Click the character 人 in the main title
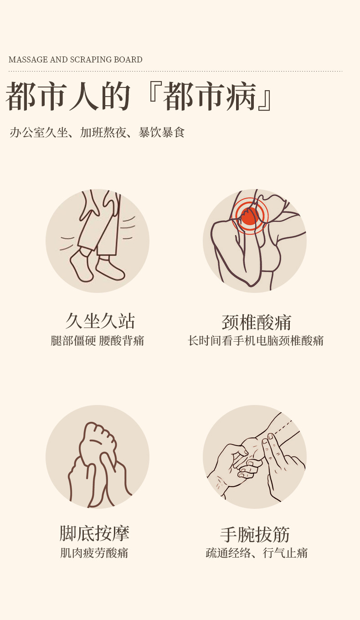tap(83, 96)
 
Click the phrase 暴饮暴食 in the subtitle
tap(161, 133)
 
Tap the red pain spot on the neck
tap(249, 216)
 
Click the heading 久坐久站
tap(100, 321)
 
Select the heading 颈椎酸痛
tap(256, 323)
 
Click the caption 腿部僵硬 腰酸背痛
tap(97, 341)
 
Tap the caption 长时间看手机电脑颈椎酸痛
tap(256, 341)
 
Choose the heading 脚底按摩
tap(94, 533)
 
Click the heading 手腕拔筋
tap(255, 534)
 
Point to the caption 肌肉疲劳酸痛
tap(94, 553)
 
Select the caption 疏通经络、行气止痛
tap(257, 553)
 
